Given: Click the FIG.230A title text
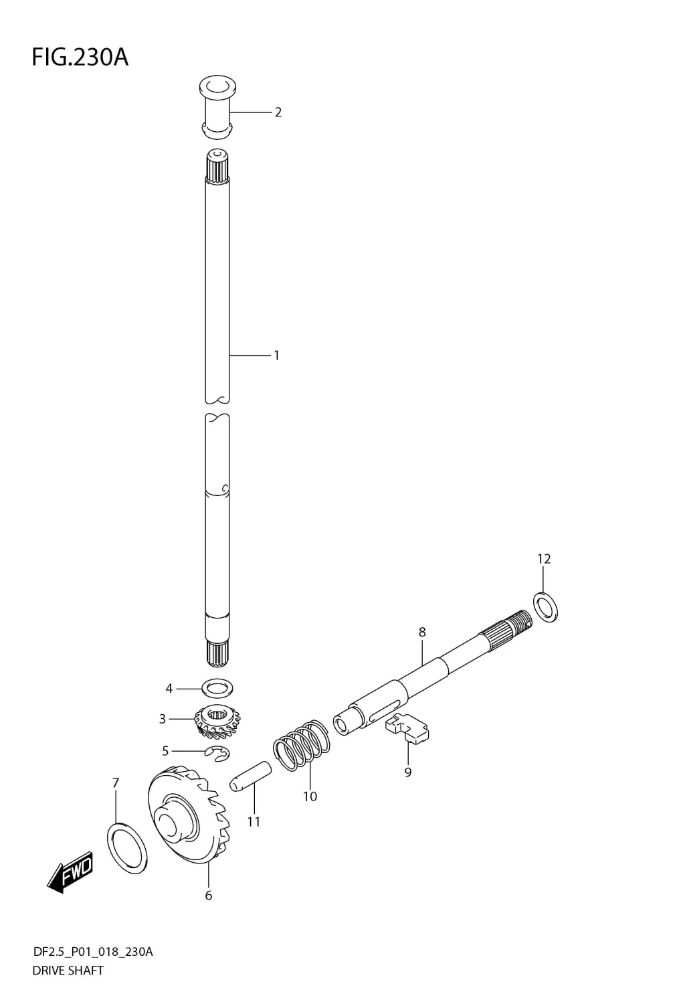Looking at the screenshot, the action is tap(80, 58).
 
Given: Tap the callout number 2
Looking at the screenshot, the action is tap(278, 112).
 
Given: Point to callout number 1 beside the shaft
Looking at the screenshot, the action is tap(277, 355).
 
